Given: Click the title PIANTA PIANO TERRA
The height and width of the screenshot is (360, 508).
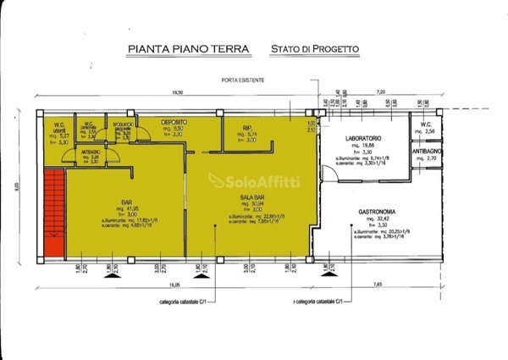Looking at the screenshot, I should click(187, 49).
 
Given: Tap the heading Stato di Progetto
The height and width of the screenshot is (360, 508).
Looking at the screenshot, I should click(314, 49).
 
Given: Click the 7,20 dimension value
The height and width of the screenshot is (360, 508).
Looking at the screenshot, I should click(380, 92).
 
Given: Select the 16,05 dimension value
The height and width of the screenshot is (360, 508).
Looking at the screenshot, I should click(174, 285).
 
